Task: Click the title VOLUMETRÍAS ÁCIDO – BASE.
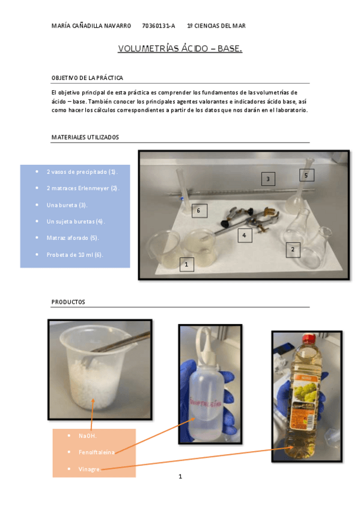(180, 48)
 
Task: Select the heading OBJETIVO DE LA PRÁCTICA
(87, 78)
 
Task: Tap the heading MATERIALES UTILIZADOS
(85, 137)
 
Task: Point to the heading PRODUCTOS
(68, 301)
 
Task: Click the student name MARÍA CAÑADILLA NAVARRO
(91, 26)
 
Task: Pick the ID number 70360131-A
(159, 26)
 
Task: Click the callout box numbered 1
(187, 264)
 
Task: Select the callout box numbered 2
(293, 249)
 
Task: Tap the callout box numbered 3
(267, 178)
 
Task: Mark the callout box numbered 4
(244, 235)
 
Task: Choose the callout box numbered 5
(306, 175)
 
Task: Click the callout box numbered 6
(199, 210)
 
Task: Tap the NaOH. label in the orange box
(87, 435)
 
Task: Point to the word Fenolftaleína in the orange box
(96, 452)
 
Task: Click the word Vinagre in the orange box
(90, 468)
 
